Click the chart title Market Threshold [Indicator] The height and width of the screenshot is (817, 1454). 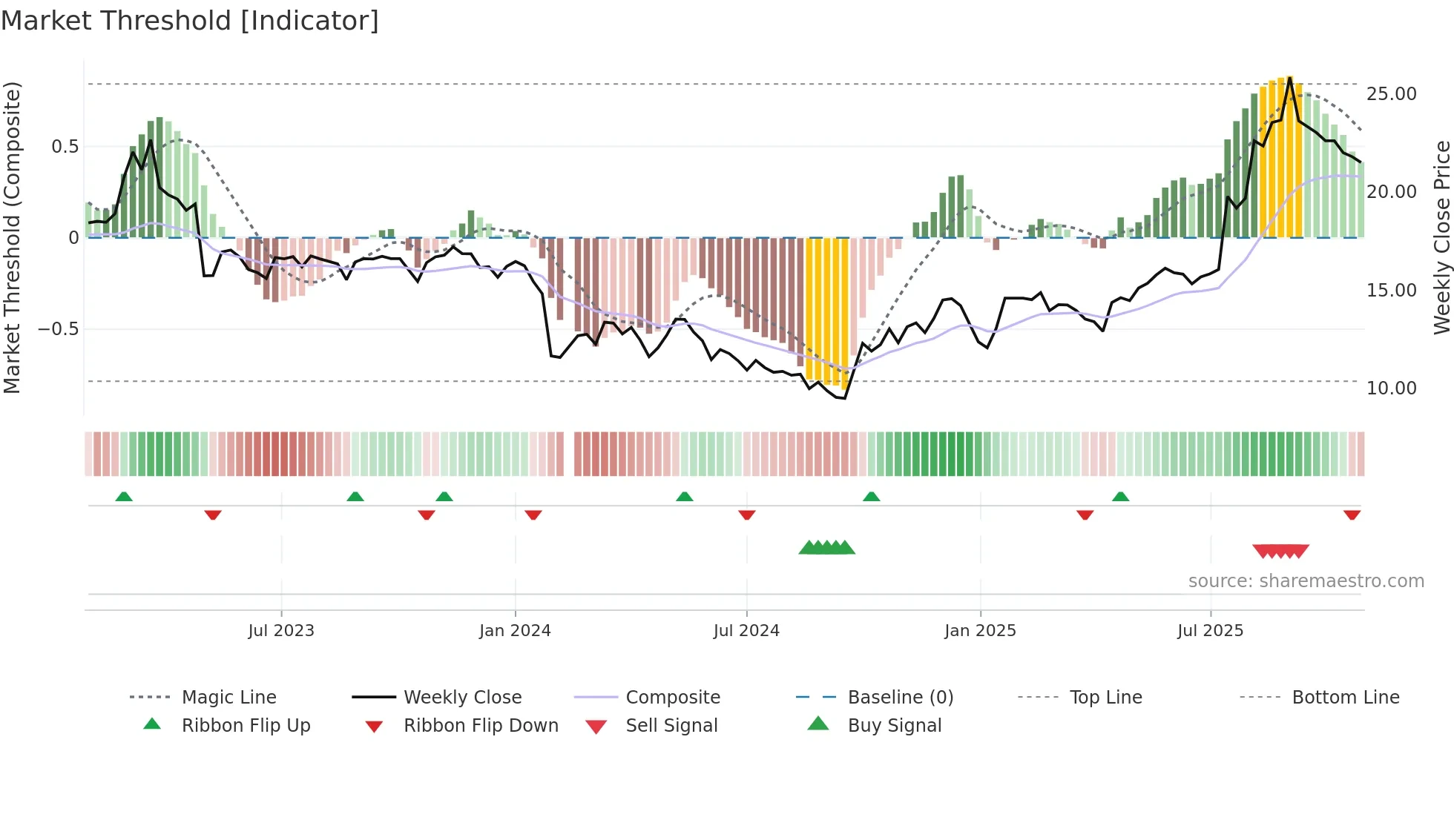tap(190, 21)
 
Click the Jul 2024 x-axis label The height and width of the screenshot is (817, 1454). tap(746, 631)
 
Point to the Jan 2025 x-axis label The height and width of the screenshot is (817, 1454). tap(980, 631)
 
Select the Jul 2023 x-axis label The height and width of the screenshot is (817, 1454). tap(281, 631)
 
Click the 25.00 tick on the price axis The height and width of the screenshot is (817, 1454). tap(1391, 94)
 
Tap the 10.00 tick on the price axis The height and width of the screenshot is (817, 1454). tap(1391, 388)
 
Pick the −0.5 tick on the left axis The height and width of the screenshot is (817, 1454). tap(58, 329)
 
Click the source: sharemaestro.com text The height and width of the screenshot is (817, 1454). tap(1306, 581)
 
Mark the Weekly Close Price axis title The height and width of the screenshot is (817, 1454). tap(1441, 237)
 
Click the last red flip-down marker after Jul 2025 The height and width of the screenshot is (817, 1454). tap(1352, 515)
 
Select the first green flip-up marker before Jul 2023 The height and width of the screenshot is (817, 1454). tap(124, 497)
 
